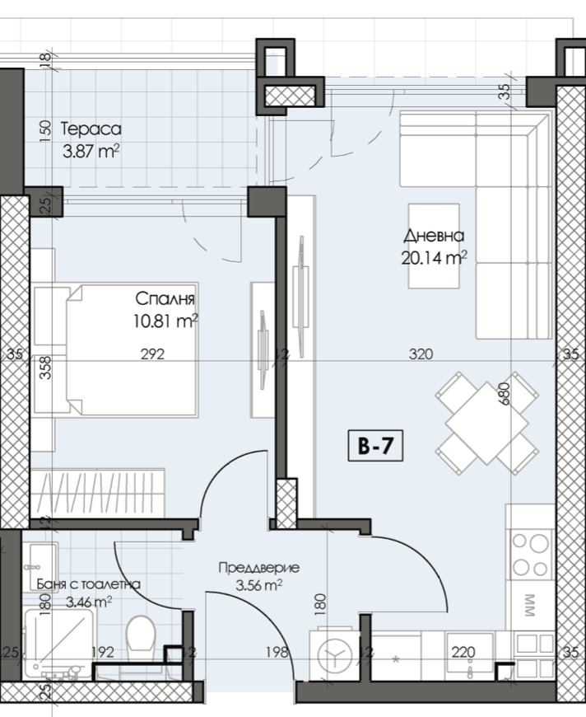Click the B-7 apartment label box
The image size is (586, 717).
point(375,445)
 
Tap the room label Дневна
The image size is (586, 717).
point(434,236)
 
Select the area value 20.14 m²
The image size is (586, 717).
point(434,258)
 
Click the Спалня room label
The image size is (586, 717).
point(165,299)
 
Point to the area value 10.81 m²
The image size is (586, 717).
point(165,321)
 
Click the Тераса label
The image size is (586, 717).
point(91,129)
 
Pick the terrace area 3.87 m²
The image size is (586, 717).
point(91,151)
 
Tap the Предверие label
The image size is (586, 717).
point(259,568)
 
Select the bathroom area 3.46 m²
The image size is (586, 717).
point(89,602)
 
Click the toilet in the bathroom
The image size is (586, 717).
point(141,638)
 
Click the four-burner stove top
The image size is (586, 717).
point(530,555)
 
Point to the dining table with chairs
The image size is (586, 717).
point(487,424)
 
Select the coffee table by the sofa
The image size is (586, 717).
point(434,246)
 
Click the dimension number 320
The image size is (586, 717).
point(421,354)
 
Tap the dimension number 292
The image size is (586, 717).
point(152,354)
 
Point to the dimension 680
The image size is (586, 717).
point(505,393)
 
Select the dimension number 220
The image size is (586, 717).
point(463,652)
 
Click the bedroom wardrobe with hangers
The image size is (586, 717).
point(97,493)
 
